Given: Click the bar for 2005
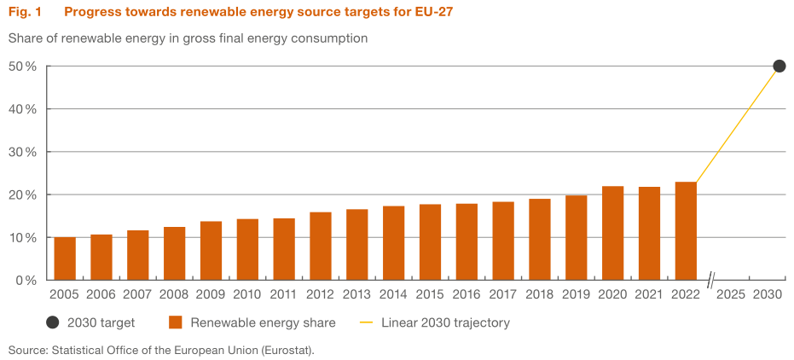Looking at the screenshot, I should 65,258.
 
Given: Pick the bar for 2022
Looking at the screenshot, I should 686,231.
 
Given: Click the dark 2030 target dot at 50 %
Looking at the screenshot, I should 779,67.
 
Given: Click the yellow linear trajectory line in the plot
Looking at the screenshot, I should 738,125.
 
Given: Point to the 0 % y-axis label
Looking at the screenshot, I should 26,280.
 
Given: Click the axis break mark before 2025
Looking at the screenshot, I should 710,280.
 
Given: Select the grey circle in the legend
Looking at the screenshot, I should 53,322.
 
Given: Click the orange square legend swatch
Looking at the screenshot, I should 177,322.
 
